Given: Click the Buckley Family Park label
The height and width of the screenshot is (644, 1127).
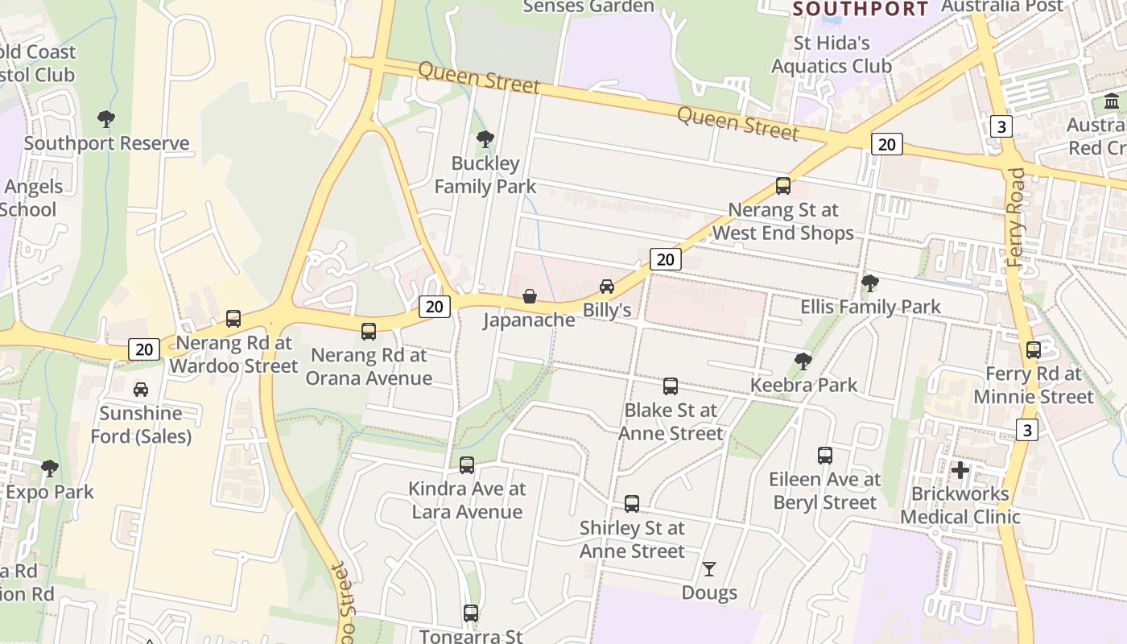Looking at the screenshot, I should click(485, 175).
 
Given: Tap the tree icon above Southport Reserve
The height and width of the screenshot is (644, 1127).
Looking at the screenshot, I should click(105, 119).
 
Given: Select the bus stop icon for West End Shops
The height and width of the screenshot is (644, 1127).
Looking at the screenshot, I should click(782, 186).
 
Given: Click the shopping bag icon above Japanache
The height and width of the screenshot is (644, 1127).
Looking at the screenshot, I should click(530, 296).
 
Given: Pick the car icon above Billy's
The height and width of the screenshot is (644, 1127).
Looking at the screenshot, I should click(607, 286).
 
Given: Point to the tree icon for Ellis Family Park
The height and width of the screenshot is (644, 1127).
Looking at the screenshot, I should click(869, 283).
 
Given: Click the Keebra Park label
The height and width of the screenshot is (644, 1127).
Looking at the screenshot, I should click(804, 385).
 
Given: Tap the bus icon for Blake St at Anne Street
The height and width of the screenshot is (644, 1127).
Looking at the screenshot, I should click(670, 386).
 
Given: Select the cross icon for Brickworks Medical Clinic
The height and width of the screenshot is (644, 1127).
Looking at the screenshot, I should click(960, 470).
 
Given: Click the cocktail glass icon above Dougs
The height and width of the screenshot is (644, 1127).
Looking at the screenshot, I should click(708, 569).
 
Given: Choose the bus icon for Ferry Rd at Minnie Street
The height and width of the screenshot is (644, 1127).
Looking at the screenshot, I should click(1034, 350).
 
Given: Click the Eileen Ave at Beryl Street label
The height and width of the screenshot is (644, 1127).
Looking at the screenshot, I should click(825, 491).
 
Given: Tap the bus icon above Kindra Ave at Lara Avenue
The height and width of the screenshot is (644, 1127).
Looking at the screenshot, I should click(467, 464).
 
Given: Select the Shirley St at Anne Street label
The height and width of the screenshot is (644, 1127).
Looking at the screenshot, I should click(632, 539).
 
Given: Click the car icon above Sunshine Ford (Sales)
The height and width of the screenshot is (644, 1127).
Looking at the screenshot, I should click(141, 390).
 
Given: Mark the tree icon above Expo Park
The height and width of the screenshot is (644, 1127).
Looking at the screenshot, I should click(50, 468).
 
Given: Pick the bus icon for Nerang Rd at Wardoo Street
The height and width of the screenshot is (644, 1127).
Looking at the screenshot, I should click(233, 318).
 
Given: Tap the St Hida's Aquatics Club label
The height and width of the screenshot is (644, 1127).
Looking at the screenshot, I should click(832, 54).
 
